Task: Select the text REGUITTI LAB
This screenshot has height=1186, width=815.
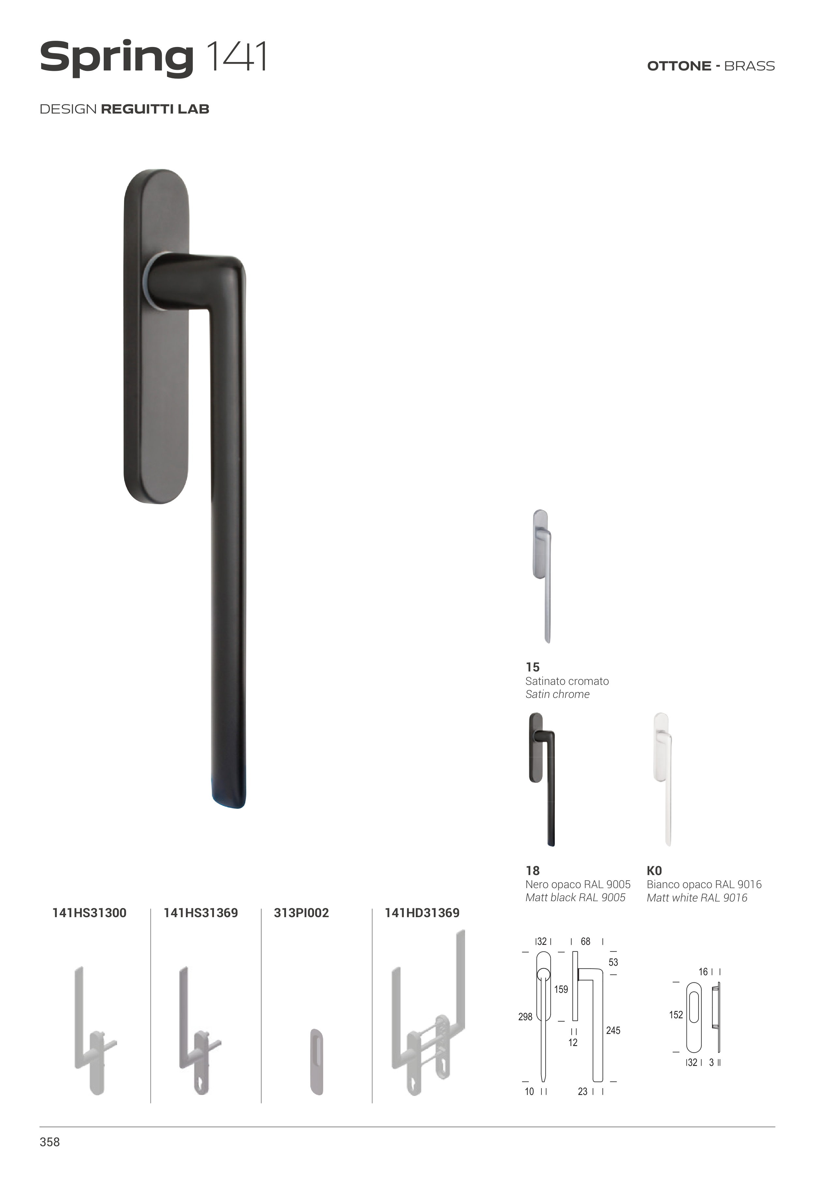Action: point(155,109)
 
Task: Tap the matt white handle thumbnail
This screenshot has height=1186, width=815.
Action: point(663,779)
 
